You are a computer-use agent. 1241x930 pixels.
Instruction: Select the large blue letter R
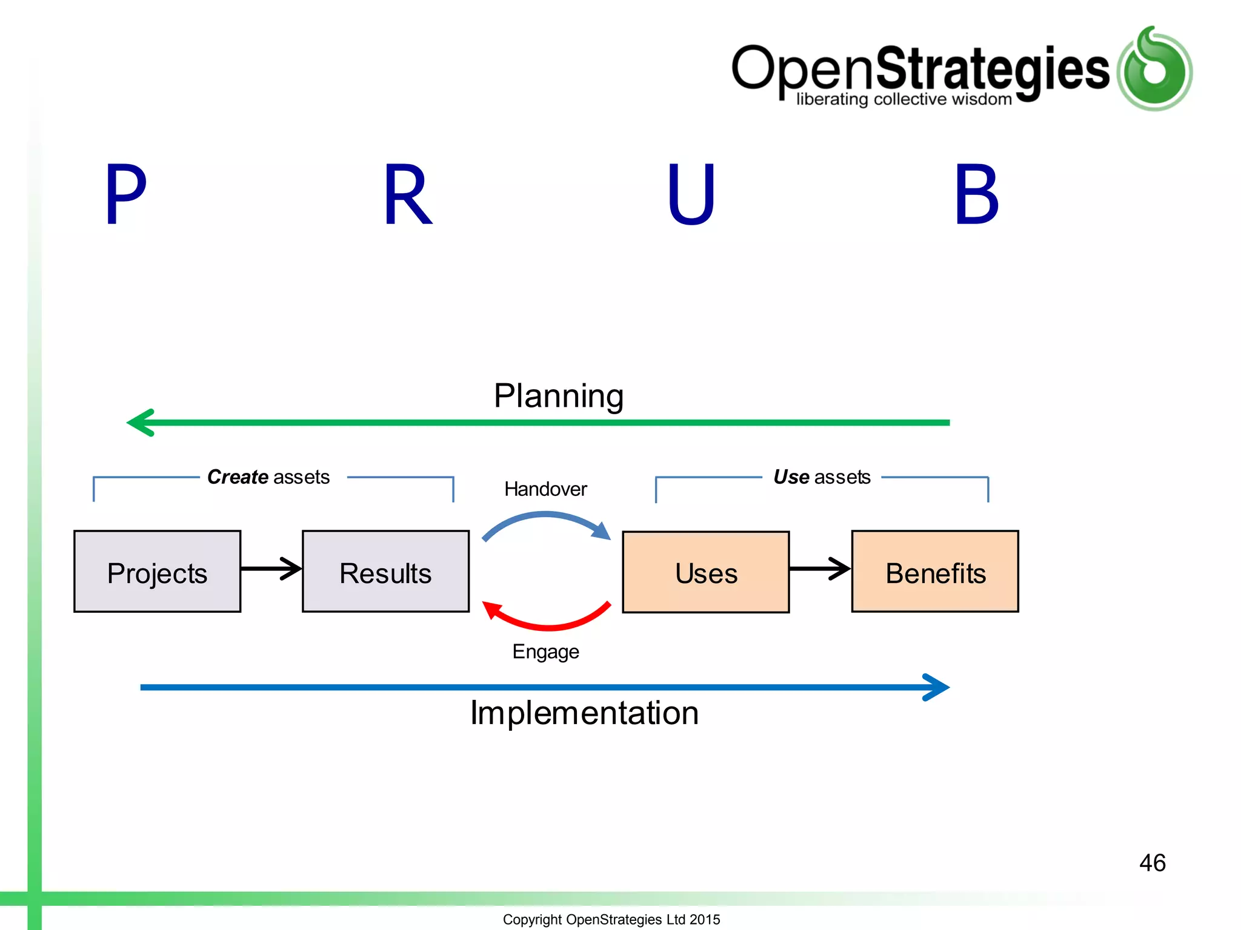(407, 195)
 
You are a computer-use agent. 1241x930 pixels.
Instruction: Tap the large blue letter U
(691, 195)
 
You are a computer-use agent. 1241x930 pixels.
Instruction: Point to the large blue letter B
(976, 195)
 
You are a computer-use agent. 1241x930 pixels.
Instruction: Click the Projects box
(157, 572)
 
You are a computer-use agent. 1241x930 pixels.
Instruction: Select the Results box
(385, 572)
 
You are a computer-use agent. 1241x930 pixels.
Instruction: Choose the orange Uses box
(705, 572)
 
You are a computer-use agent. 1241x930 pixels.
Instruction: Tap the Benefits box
(935, 572)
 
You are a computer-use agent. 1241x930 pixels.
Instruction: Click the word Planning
(558, 396)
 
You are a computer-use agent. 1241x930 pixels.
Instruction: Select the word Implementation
(584, 713)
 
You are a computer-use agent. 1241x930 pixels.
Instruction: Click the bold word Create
(238, 477)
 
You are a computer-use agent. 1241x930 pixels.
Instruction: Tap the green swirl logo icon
(1154, 68)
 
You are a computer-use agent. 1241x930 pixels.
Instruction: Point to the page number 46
(1152, 863)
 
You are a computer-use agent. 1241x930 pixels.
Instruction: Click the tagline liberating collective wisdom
(903, 99)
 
